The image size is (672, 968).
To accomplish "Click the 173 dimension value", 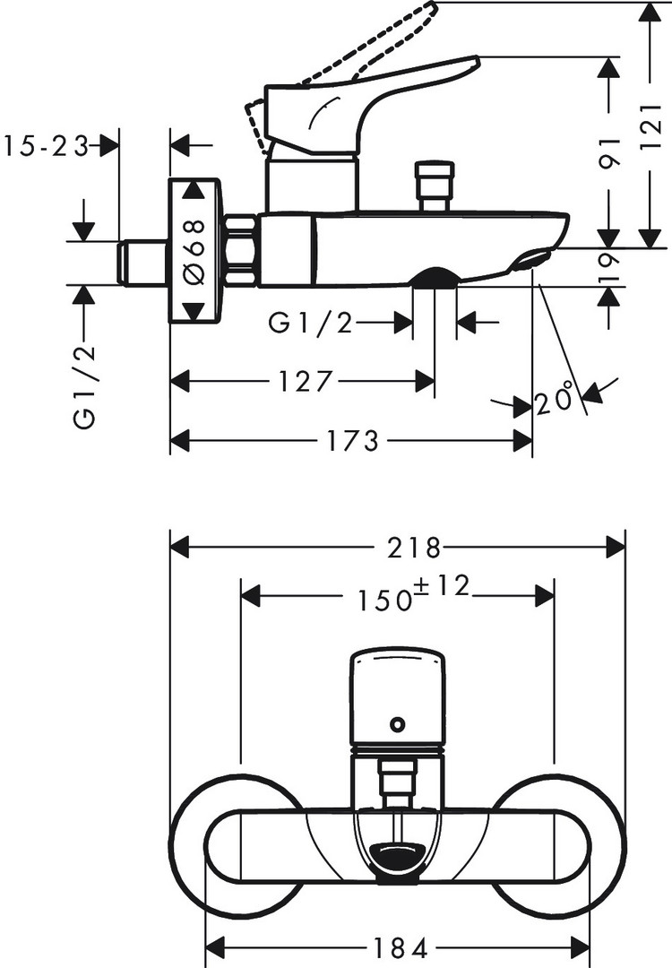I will [x=350, y=440].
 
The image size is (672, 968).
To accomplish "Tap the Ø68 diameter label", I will [x=194, y=250].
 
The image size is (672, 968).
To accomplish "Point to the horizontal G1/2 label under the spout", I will [x=310, y=324].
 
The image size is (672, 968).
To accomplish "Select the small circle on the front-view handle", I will [x=397, y=724].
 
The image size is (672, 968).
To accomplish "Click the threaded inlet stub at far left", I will [x=143, y=262].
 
